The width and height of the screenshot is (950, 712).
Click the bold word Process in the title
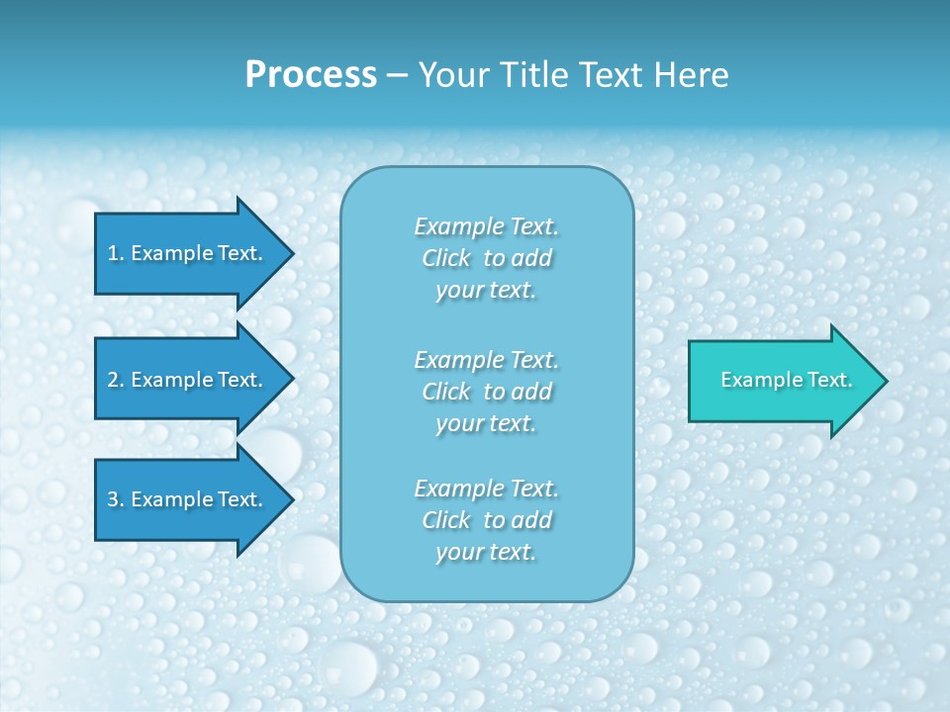pos(311,75)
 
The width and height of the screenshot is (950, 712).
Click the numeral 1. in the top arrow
pos(116,253)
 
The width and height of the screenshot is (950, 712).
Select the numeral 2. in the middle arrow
pos(116,380)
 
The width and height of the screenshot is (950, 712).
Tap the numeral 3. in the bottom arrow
pos(116,499)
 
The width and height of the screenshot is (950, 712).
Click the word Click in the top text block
pos(446,258)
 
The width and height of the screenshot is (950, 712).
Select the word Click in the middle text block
pos(446,392)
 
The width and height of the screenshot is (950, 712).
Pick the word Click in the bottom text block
pos(446,520)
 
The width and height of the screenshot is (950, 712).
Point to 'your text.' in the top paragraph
pos(486,291)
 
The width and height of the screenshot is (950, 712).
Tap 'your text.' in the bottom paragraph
pos(486,553)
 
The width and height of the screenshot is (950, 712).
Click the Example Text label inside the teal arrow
pos(787,380)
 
